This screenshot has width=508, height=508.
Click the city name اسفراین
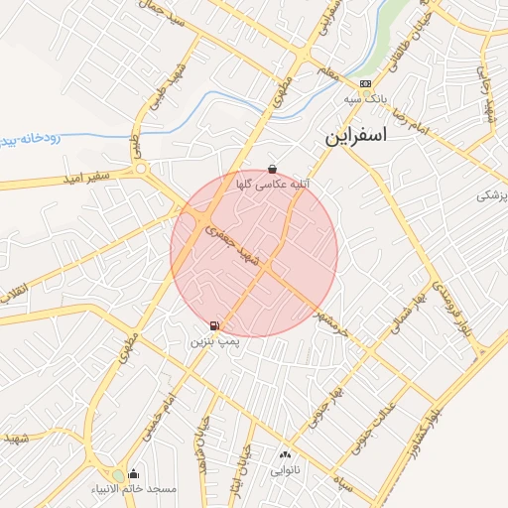354,138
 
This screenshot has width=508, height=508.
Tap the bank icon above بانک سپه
366,84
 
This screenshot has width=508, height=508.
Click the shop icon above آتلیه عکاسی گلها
273,170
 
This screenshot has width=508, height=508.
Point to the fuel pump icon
214,325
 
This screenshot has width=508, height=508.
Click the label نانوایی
285,470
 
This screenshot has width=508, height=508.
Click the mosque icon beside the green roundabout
134,474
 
